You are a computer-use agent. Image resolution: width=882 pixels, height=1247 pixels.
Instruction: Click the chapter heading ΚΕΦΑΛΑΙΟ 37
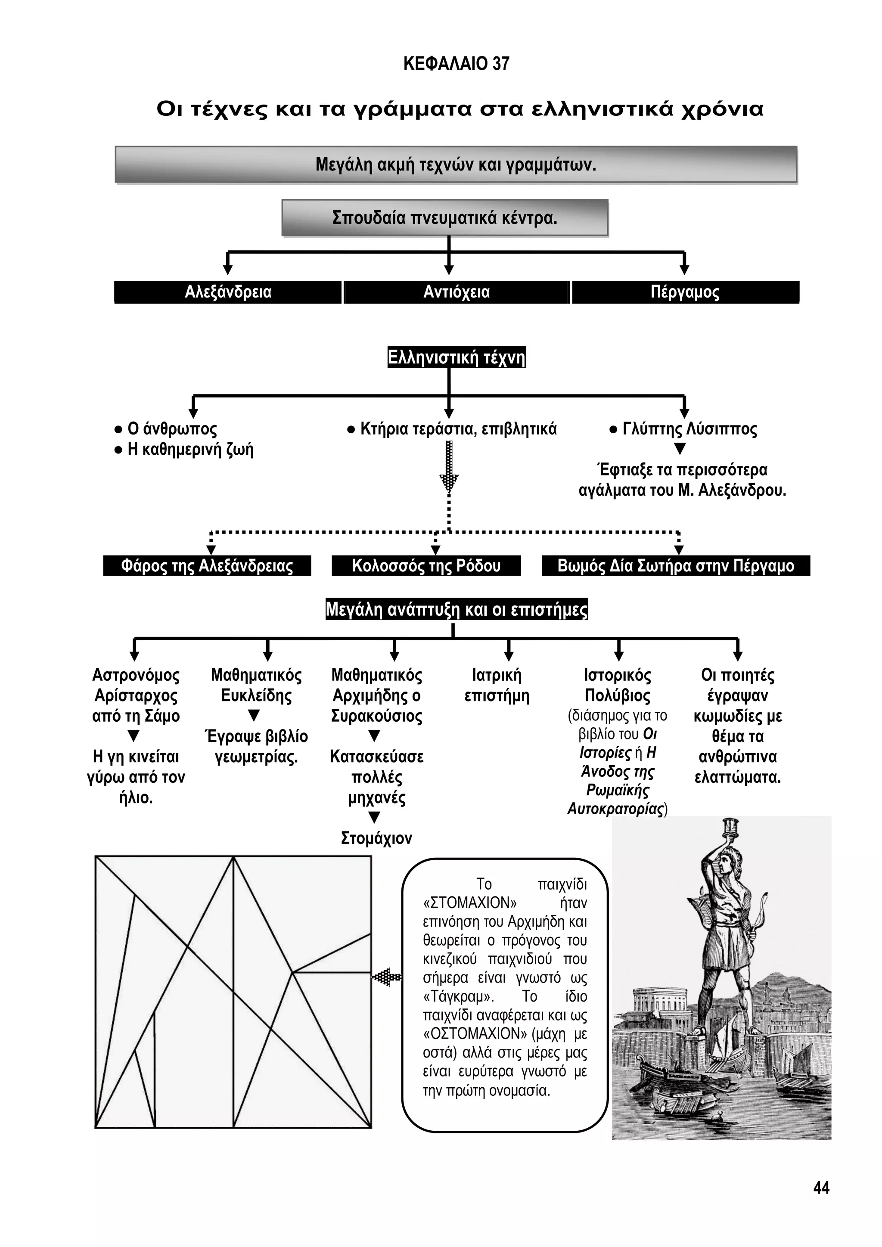[456, 64]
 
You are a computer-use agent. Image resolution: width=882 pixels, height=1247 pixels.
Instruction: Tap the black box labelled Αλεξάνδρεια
[228, 292]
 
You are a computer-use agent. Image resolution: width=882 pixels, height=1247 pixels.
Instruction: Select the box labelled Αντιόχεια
[456, 292]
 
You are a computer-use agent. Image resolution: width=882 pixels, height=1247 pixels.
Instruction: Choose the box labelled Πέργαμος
[685, 292]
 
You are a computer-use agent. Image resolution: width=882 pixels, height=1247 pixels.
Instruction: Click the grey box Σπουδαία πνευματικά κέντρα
[445, 218]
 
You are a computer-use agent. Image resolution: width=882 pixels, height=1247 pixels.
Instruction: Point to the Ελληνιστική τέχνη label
[456, 358]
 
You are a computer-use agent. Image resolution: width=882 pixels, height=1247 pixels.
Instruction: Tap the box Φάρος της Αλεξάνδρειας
[207, 566]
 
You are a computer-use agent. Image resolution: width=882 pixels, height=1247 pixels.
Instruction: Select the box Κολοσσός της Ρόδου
[426, 566]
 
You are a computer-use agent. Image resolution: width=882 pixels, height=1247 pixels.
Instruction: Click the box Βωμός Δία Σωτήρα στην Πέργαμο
[676, 566]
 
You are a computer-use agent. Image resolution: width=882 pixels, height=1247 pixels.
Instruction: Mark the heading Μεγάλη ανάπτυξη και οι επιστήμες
[456, 609]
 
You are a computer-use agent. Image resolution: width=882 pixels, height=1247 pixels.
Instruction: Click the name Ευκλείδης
[256, 696]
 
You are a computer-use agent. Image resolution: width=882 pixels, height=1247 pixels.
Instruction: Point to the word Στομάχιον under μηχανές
[376, 838]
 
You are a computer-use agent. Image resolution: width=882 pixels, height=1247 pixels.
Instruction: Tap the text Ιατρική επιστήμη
[497, 686]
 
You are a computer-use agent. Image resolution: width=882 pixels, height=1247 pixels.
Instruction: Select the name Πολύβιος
[618, 696]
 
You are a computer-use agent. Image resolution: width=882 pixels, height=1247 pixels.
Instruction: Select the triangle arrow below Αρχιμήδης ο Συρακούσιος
[374, 736]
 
